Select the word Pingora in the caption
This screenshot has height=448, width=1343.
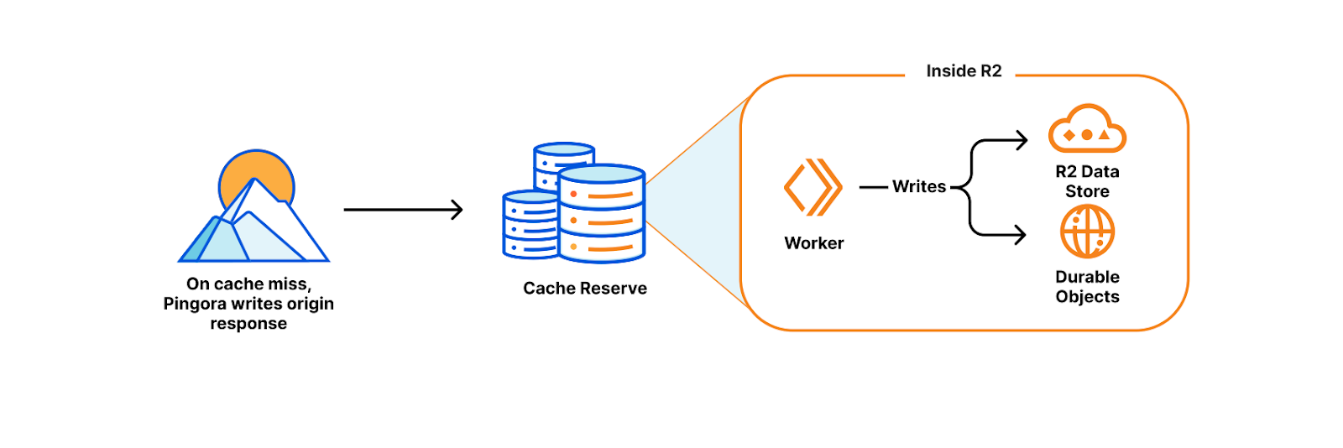click(195, 304)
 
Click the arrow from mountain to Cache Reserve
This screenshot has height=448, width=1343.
click(403, 210)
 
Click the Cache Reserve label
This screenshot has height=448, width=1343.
click(585, 289)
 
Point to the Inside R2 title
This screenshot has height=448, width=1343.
click(964, 71)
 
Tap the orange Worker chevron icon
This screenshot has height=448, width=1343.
click(813, 187)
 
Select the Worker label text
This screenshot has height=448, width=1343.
click(814, 243)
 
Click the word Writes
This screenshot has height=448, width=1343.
click(919, 186)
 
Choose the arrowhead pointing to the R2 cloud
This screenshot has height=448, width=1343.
click(1022, 140)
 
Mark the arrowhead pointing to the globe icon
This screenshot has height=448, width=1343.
click(1020, 234)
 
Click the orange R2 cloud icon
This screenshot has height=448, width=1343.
click(1087, 129)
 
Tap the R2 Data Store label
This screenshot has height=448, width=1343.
click(1087, 181)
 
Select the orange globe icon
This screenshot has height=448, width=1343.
click(1087, 232)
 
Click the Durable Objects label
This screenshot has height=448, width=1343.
click(1087, 287)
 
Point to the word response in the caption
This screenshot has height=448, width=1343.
click(248, 324)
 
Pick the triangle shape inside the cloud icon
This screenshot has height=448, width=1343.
click(1105, 134)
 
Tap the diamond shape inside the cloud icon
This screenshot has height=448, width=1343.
click(1069, 135)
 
